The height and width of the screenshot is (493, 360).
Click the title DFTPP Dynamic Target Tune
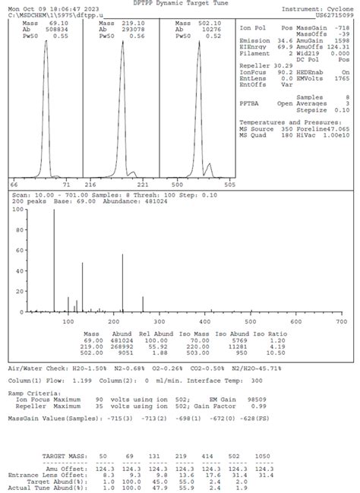[180, 3]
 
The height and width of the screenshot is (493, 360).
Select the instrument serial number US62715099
[333, 14]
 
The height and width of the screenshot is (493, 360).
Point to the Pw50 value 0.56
[136, 36]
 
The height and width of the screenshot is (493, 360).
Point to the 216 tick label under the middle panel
[90, 185]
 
